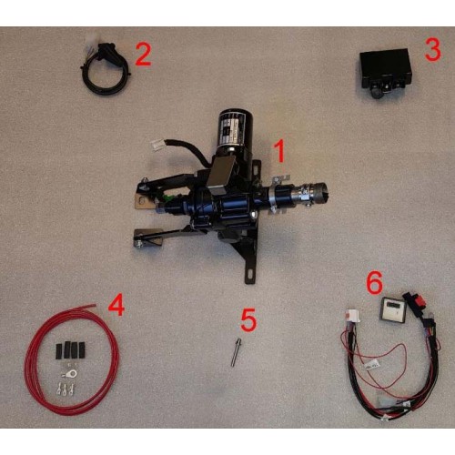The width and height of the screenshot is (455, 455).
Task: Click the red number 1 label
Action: click(x=279, y=151)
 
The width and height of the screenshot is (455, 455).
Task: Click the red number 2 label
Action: click(x=143, y=54)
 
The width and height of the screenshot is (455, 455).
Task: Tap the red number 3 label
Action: click(x=432, y=49)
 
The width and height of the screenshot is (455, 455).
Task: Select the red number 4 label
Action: click(x=116, y=305)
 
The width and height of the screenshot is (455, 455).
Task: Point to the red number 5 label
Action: click(x=248, y=319)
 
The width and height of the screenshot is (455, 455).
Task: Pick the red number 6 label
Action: click(x=375, y=282)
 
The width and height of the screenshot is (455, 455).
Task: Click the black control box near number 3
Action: click(x=385, y=72)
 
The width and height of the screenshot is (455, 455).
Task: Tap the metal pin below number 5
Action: click(x=235, y=352)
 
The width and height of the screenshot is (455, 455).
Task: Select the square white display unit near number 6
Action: click(x=390, y=308)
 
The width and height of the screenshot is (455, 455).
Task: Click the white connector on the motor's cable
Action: click(x=158, y=145)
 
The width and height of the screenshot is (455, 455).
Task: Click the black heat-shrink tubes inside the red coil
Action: click(x=70, y=349)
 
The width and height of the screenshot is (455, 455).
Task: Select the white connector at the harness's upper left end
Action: click(x=352, y=315)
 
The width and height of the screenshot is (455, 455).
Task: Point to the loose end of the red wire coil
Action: click(x=95, y=305)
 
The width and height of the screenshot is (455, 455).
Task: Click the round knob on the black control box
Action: click(x=376, y=92)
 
